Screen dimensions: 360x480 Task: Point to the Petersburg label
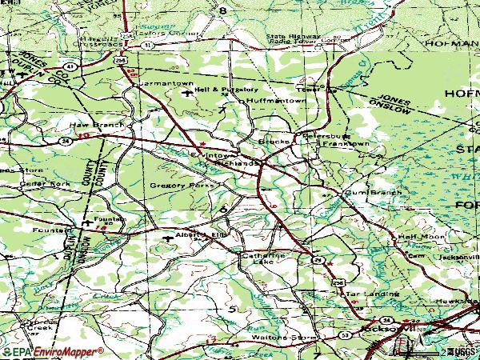click(x=321, y=137)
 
